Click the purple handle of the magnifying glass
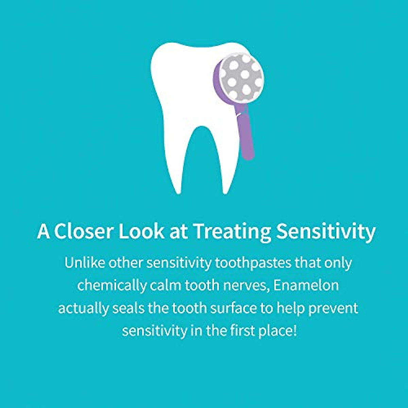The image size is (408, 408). click(247, 136)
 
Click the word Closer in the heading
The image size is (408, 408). click(84, 231)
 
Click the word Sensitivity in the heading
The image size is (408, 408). click(326, 231)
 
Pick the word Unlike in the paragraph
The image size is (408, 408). click(85, 263)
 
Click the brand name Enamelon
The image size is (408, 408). click(306, 285)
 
